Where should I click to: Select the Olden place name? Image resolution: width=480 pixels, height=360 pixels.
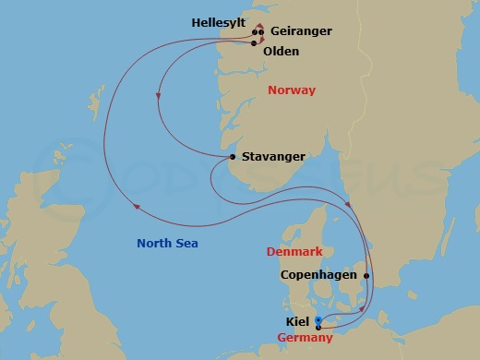tap(281, 52)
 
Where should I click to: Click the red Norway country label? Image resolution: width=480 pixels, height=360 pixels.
tap(291, 90)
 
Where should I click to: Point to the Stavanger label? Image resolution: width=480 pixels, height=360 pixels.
tap(272, 158)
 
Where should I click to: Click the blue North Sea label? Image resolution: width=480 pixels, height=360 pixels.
tap(167, 244)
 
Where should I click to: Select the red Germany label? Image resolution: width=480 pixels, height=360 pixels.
tap(306, 339)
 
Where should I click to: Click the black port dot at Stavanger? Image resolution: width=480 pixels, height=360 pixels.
tap(231, 159)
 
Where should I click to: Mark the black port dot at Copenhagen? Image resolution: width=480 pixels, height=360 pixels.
tap(367, 275)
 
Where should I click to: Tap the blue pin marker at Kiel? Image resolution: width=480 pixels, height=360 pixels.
tap(318, 321)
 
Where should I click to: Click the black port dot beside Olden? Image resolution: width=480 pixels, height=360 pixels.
tap(254, 42)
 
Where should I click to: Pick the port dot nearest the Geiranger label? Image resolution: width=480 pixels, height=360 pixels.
tap(262, 33)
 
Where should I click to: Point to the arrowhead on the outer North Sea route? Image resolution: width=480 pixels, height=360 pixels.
tap(137, 207)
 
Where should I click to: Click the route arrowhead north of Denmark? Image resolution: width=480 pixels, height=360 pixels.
tap(347, 205)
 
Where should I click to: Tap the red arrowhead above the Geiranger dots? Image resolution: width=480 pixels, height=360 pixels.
tap(259, 25)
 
